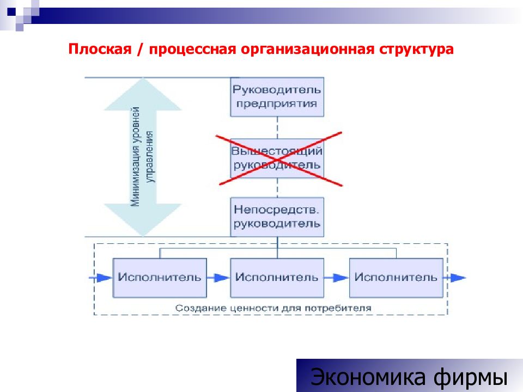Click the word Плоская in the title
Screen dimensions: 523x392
coord(100,49)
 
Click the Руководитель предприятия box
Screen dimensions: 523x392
coord(277,97)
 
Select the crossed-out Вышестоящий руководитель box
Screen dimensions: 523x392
coord(277,158)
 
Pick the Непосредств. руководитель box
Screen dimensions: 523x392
coord(277,217)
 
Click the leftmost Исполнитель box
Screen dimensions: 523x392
coord(160,278)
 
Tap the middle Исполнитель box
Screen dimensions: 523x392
coord(277,278)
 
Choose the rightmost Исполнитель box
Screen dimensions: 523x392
coord(396,278)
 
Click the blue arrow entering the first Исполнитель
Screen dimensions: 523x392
coord(101,278)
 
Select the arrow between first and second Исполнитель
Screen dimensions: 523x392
coord(218,278)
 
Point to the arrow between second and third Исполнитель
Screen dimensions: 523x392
coord(336,278)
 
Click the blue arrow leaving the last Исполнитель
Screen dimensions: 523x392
coord(454,278)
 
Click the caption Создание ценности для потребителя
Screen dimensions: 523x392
coord(273,308)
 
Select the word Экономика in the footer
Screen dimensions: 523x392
coord(368,377)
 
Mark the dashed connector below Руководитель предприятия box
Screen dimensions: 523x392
coord(277,127)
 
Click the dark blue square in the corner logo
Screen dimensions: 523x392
coord(11,11)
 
